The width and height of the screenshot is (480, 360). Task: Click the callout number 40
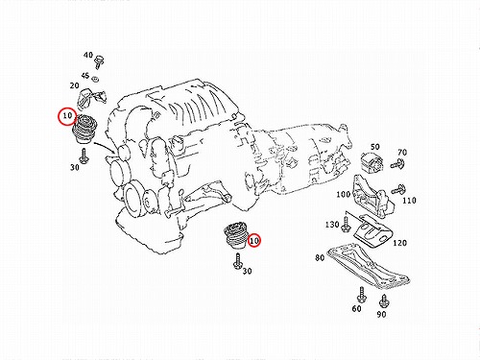coord(88,55)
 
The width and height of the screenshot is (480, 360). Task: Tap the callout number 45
coord(85,76)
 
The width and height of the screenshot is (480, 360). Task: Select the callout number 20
coord(74,85)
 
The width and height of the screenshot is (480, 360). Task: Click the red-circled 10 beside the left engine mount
coord(67,116)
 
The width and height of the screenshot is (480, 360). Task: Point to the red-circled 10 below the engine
coord(254,240)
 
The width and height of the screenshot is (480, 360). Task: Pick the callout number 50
coord(375,147)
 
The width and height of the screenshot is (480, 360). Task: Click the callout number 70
coord(402,153)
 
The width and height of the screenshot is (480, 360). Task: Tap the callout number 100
coord(344,194)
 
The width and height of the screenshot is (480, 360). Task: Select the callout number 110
coord(409,201)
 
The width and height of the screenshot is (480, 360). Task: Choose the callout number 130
coord(332,225)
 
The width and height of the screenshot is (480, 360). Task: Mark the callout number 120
coord(399,243)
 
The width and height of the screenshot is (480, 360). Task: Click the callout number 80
coord(320,257)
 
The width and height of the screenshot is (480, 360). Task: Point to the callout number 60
coord(356,308)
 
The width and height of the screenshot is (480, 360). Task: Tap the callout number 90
coord(381,314)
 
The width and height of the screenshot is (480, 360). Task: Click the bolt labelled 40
coord(99,62)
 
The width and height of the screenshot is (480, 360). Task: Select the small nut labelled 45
coord(95,79)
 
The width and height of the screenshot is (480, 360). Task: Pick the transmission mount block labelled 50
coord(372,163)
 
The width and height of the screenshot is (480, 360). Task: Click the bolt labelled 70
coord(397,164)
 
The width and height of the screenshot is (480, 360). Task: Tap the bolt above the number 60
coord(362,295)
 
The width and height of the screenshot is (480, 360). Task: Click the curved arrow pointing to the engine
coord(105,147)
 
